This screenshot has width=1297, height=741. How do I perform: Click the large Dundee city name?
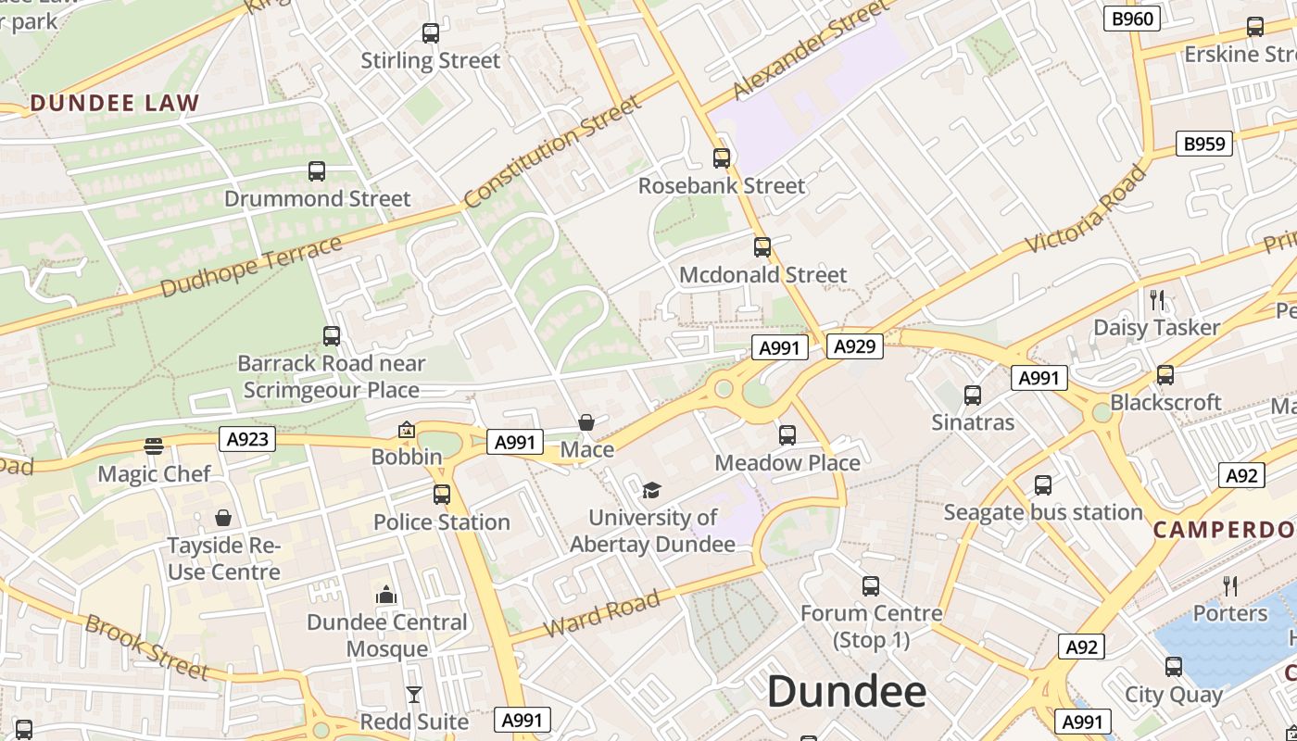pyautogui.click(x=847, y=692)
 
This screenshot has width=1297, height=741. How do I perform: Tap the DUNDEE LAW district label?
pyautogui.click(x=115, y=103)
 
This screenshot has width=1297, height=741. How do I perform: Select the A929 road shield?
pyautogui.click(x=853, y=346)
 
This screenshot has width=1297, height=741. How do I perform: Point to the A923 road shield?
pyautogui.click(x=248, y=438)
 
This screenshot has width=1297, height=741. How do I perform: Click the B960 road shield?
pyautogui.click(x=1132, y=19)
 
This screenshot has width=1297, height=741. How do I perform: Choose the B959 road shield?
pyautogui.click(x=1204, y=144)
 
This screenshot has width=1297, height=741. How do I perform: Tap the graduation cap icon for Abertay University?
pyautogui.click(x=652, y=490)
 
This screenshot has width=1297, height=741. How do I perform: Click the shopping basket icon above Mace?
pyautogui.click(x=586, y=423)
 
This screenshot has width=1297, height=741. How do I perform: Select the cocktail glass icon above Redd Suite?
pyautogui.click(x=414, y=694)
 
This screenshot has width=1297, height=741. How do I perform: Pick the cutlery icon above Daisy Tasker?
pyautogui.click(x=1156, y=299)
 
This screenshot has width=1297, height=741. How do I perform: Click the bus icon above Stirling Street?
pyautogui.click(x=430, y=33)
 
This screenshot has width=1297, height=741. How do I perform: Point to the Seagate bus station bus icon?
pyautogui.click(x=1043, y=485)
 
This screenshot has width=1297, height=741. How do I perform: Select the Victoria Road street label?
pyautogui.click(x=1086, y=209)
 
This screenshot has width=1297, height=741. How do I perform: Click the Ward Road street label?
pyautogui.click(x=601, y=612)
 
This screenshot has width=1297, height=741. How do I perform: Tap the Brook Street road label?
pyautogui.click(x=147, y=646)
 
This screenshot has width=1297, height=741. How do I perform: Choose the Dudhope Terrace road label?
pyautogui.click(x=251, y=267)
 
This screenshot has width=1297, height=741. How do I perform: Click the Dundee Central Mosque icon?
pyautogui.click(x=386, y=595)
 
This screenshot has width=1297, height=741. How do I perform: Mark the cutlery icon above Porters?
pyautogui.click(x=1230, y=585)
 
